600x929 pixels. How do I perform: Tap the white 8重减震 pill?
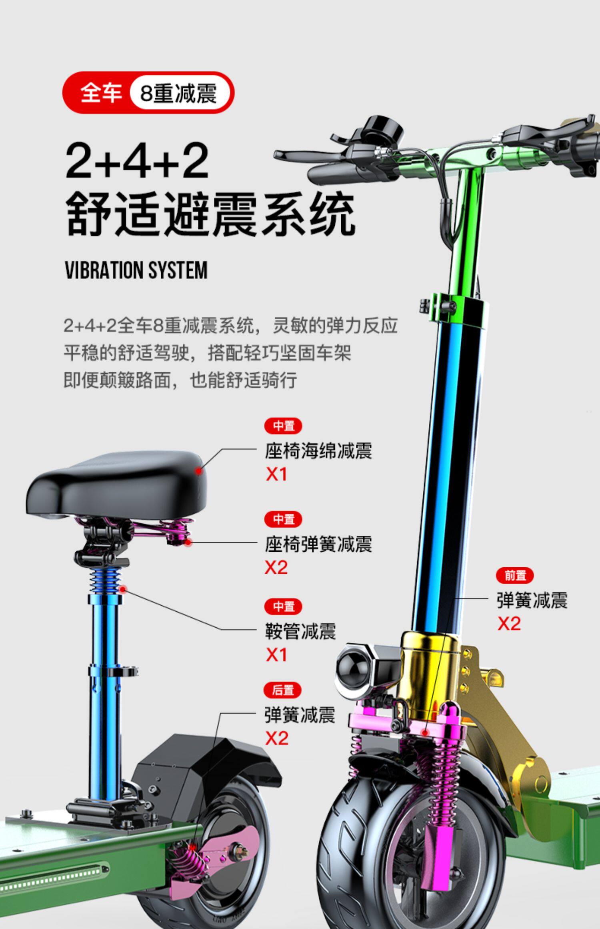point(179,93)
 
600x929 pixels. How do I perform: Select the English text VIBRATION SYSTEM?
point(136,270)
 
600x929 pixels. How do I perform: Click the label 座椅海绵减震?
point(318,451)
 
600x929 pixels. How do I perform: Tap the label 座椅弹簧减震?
point(318,544)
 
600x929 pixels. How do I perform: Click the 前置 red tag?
point(515,576)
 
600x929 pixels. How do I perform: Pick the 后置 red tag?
point(283,691)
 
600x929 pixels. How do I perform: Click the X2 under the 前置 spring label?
point(509,623)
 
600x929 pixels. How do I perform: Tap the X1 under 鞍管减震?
point(276,655)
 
